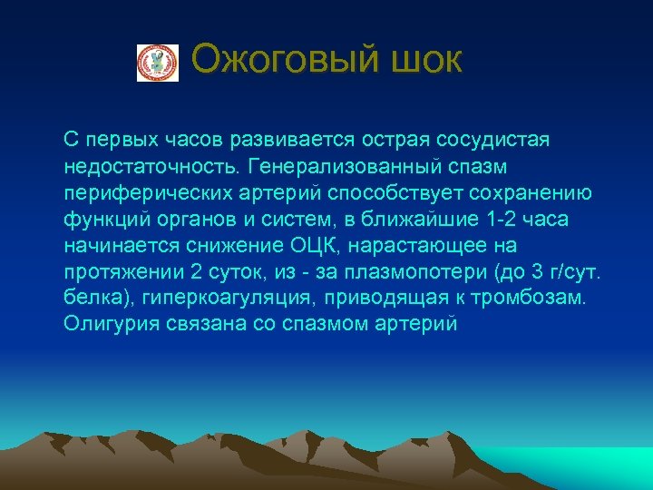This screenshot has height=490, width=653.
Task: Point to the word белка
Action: tap(90, 299)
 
